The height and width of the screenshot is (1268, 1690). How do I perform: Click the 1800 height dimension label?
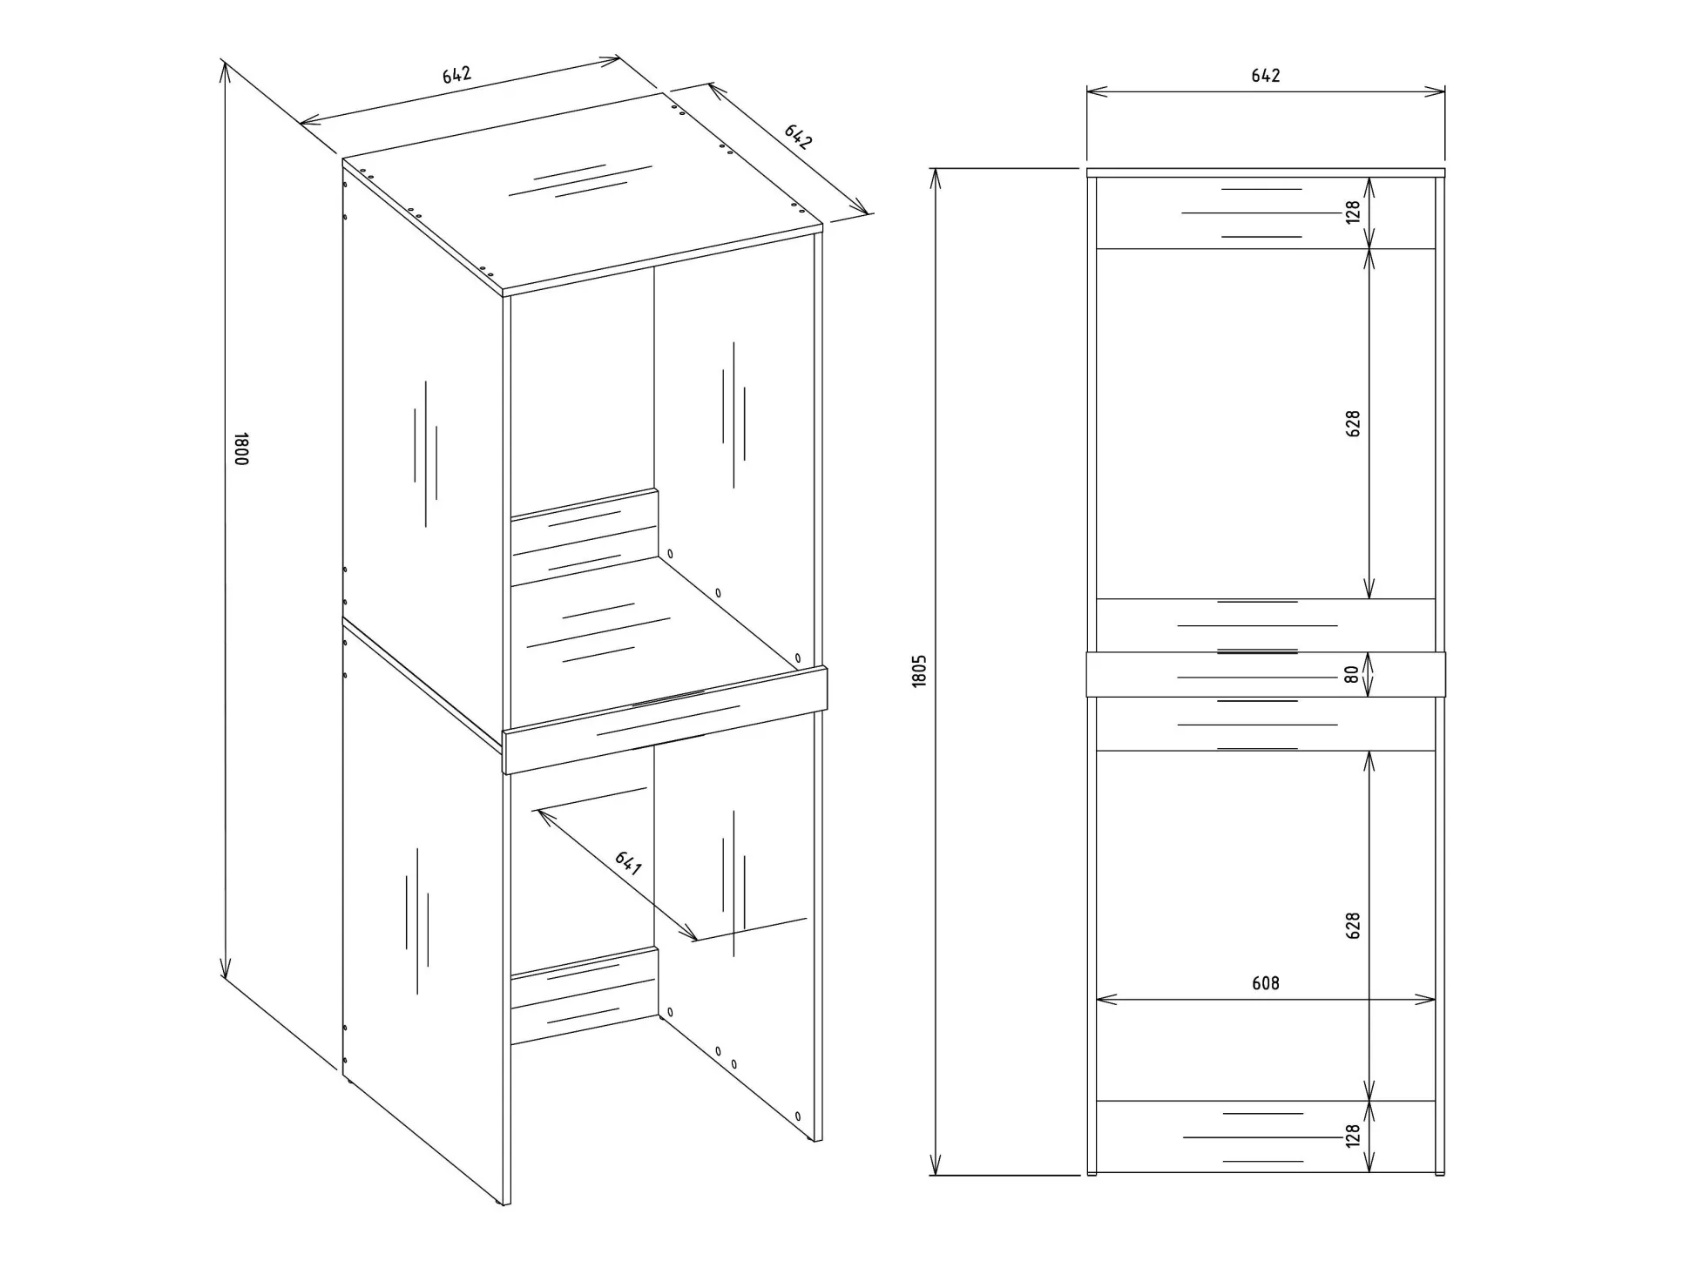[241, 449]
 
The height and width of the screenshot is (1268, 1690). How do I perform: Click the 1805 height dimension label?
[919, 671]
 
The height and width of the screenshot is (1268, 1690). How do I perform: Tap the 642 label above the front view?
[1265, 76]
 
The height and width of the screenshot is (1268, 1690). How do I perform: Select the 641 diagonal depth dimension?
[628, 863]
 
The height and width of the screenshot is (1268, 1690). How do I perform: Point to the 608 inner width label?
[1265, 983]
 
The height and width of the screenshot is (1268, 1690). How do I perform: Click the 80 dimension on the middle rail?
[1351, 674]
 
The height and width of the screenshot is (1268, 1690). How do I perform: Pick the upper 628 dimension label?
[1353, 424]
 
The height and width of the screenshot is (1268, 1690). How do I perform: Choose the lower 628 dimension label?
[1353, 926]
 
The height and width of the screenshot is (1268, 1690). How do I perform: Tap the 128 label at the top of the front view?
[1353, 212]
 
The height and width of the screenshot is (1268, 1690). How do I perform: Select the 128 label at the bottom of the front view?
[1353, 1136]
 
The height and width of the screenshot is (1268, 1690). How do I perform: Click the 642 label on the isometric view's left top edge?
[456, 75]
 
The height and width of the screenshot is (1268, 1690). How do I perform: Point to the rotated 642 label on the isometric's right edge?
[798, 137]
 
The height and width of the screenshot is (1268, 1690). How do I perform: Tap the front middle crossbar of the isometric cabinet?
[665, 720]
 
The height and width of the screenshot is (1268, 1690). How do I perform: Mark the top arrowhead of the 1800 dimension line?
[225, 71]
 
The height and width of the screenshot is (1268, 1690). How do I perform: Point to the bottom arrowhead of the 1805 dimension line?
[936, 1164]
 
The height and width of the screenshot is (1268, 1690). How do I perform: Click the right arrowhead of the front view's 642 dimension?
[1434, 91]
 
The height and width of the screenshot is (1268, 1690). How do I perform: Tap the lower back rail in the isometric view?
[584, 996]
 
